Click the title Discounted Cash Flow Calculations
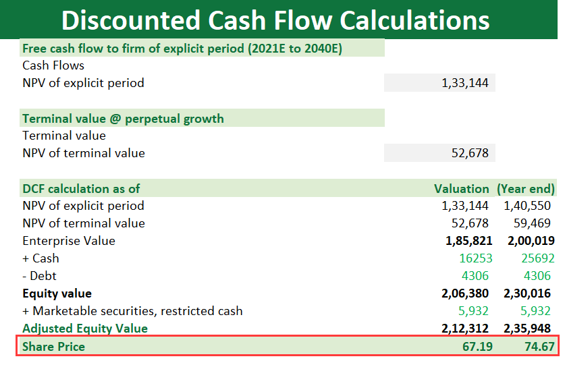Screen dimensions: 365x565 pyautogui.click(x=275, y=20)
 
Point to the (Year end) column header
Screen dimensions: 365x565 pyautogui.click(x=526, y=188)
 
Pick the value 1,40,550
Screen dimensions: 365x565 pyautogui.click(x=529, y=206)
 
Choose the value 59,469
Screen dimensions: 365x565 pyautogui.click(x=533, y=223)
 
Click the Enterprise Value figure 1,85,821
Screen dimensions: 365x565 pyautogui.click(x=468, y=241)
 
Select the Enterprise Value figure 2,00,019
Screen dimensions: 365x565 pyautogui.click(x=529, y=241)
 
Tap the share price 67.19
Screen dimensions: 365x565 pyautogui.click(x=477, y=346)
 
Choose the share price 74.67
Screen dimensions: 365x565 pyautogui.click(x=537, y=346)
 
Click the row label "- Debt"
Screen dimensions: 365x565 pyautogui.click(x=40, y=276)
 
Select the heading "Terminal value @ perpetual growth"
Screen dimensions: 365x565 pyautogui.click(x=123, y=118)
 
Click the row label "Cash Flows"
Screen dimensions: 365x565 pyautogui.click(x=53, y=65)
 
